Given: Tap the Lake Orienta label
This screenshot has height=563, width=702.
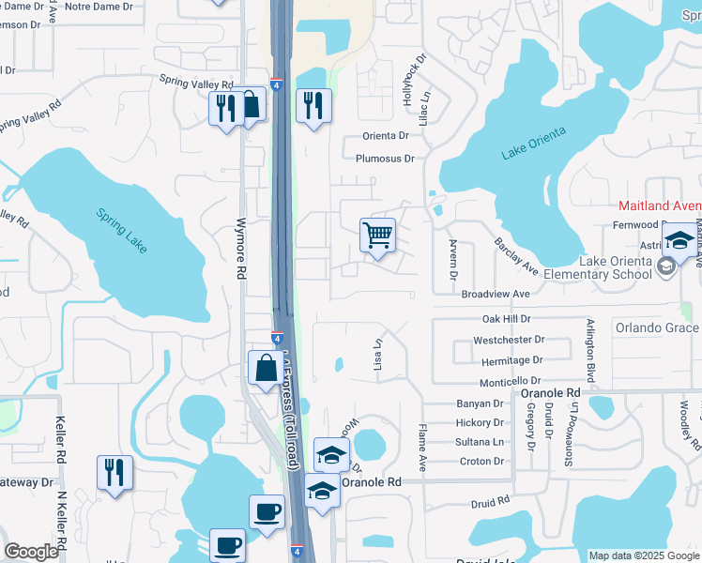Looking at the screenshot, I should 533,144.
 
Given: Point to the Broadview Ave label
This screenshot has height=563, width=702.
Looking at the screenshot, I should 496,294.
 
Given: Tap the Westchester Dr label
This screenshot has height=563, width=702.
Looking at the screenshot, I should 509,340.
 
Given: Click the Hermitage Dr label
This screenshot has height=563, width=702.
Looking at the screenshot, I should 512,360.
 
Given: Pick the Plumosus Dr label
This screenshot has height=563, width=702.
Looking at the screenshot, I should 384,160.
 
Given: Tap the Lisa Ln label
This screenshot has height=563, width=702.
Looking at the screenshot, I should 380,353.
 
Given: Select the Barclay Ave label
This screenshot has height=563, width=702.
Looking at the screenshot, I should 516,256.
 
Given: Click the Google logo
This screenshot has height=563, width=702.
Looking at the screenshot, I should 31,552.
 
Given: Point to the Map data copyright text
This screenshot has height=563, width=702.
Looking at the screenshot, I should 644,555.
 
